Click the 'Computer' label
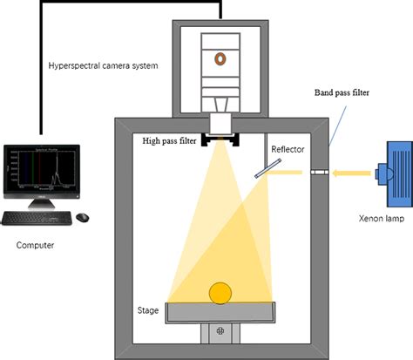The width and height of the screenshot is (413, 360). coord(35,245)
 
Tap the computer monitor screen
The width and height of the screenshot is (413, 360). coord(41,167)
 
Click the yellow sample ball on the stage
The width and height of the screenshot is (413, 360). coord(220,294)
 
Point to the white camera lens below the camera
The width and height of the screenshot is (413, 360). coord(220,122)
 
